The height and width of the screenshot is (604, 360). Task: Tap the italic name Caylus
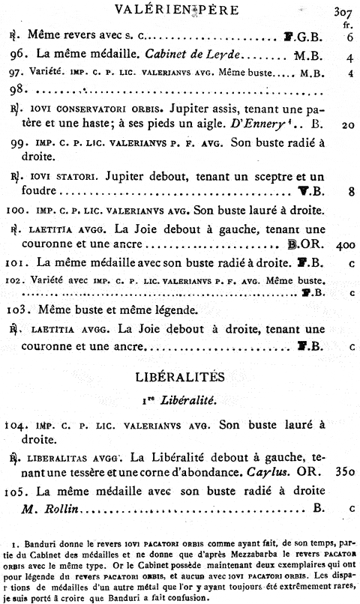(x=274, y=473)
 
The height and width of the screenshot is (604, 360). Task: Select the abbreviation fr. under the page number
(x=346, y=25)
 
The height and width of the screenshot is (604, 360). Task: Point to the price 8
(x=351, y=191)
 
